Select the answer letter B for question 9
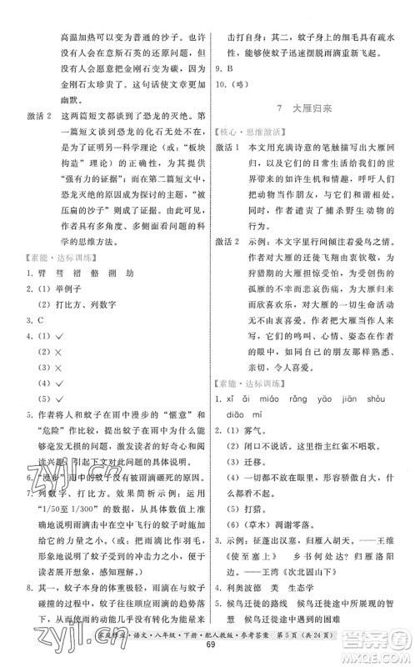[232, 69]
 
